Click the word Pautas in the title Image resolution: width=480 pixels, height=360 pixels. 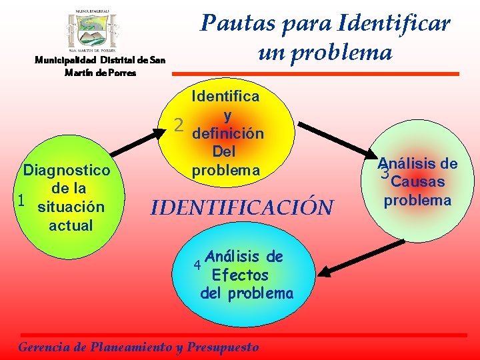tap(233, 24)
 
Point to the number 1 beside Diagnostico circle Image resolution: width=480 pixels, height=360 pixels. tap(21, 200)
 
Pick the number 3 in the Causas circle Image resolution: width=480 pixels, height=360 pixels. tap(383, 174)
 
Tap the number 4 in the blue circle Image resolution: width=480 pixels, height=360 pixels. tap(197, 265)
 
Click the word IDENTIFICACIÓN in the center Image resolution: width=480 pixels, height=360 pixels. tap(241, 207)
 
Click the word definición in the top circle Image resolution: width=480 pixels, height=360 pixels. tap(227, 133)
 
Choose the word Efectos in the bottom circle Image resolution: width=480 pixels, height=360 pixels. tap(239, 275)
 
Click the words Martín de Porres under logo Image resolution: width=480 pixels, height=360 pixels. tap(100, 72)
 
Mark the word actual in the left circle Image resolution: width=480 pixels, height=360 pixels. tap(71, 225)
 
